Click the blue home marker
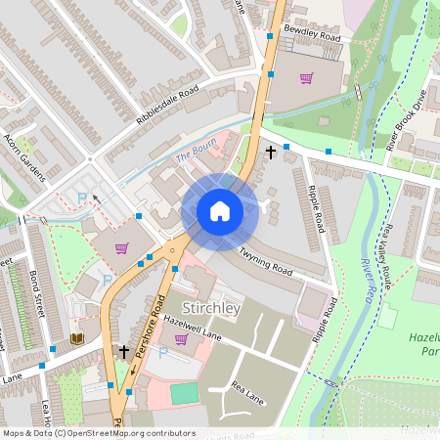click(220, 211)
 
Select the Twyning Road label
click(265, 259)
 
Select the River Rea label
click(370, 277)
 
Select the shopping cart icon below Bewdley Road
click(306, 78)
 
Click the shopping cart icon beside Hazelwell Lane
click(181, 339)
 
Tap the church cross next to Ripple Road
click(271, 153)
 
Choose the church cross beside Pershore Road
click(124, 350)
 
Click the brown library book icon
click(76, 338)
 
